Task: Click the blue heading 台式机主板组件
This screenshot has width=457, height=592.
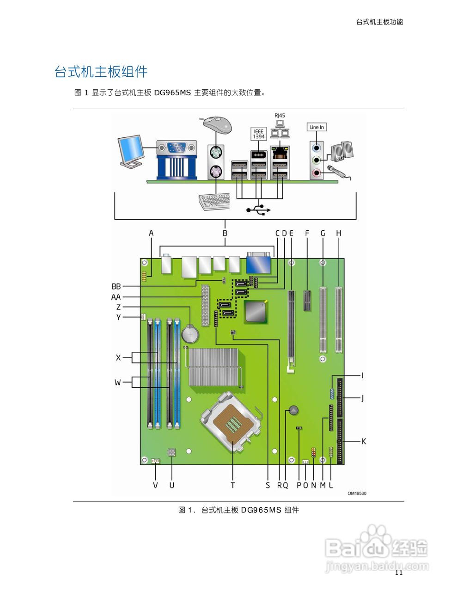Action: (x=101, y=72)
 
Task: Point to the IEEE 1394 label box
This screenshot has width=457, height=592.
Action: (x=258, y=134)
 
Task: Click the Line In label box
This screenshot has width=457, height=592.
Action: (x=317, y=127)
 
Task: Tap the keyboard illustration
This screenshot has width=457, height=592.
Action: (x=214, y=202)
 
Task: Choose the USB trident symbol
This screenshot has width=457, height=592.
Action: (x=258, y=210)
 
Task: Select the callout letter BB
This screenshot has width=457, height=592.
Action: (x=116, y=287)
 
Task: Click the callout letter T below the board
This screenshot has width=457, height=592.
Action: (x=232, y=485)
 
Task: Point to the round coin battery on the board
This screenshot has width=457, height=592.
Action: (x=190, y=333)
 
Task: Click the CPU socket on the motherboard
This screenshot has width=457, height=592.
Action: (x=231, y=421)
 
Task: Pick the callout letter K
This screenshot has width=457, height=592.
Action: (x=364, y=441)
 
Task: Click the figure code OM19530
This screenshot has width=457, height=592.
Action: (x=356, y=493)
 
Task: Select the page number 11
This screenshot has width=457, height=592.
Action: (x=398, y=573)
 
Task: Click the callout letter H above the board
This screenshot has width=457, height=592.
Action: (x=339, y=234)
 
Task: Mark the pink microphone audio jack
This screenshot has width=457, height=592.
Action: (x=316, y=173)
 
